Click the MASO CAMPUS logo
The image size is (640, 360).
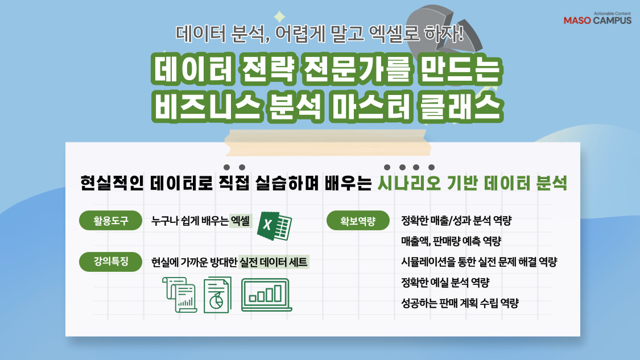597,19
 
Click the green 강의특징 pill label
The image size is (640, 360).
111,262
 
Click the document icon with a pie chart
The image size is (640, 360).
217,295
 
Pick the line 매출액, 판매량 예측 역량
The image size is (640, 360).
451,242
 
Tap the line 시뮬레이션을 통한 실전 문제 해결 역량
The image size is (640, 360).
478,262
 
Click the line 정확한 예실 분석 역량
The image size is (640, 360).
445,283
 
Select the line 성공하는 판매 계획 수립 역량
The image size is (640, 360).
460,303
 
